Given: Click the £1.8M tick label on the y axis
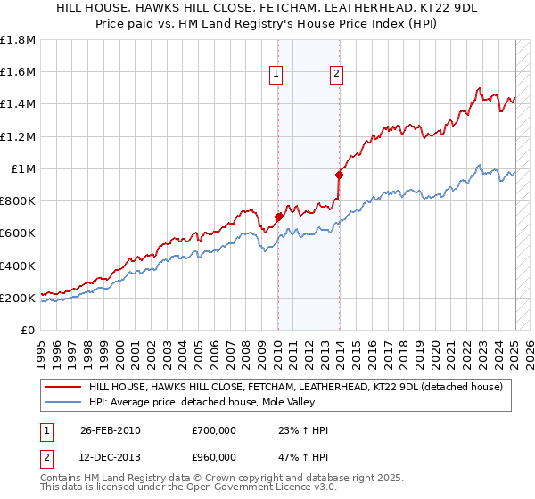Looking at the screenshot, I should pos(18,40).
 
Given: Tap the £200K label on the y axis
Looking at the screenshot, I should pos(18,298).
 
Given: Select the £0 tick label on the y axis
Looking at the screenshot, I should pos(29,331).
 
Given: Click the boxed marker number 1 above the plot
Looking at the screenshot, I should pos(277,75).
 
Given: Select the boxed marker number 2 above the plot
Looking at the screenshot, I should pos(337,75).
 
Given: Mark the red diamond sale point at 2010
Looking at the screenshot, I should pos(278,217).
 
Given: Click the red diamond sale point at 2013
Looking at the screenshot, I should pos(339,175).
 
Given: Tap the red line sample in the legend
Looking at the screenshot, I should pos(62,387).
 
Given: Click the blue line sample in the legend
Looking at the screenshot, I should pos(62,403).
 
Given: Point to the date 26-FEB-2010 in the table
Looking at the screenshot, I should pos(110,430).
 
